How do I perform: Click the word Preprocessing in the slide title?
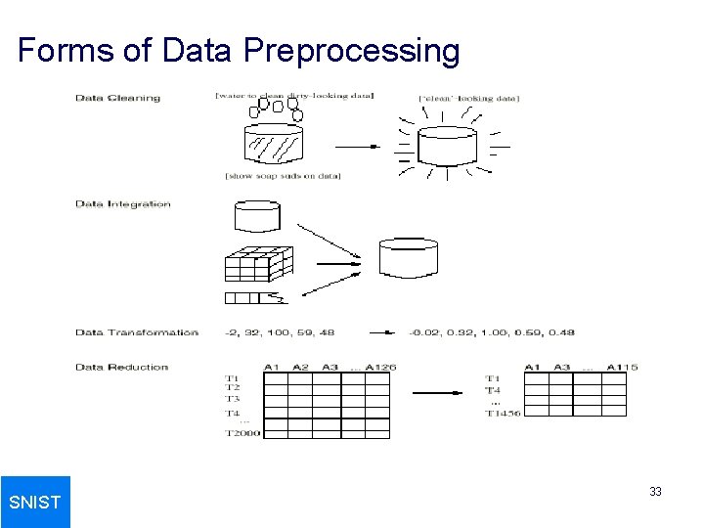352,50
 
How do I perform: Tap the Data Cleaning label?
117,98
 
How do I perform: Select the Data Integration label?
123,204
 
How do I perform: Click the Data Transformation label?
137,332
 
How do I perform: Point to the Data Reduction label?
122,368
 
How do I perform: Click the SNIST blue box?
35,502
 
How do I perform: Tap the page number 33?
655,492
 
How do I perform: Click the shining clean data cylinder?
446,146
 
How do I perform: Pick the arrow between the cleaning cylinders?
357,147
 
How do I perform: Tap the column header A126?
380,368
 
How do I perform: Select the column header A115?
622,368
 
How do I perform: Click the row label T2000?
242,433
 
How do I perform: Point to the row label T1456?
503,413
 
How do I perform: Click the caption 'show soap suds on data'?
283,176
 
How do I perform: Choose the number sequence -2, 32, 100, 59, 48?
279,332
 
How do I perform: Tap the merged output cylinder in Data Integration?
408,257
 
